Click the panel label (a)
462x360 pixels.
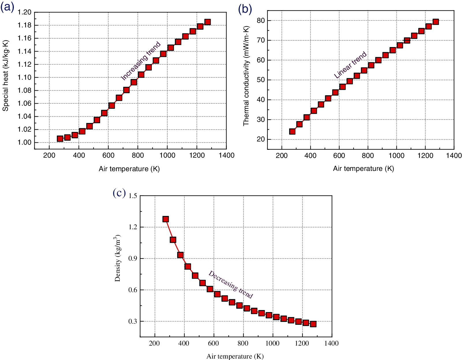7,7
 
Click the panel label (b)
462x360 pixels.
245,9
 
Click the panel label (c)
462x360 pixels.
119,193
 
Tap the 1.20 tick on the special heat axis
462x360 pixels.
24,12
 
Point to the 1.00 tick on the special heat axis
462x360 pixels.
24,142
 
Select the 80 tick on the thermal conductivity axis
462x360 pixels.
261,20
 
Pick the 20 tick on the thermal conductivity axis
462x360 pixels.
261,139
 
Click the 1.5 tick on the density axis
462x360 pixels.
133,196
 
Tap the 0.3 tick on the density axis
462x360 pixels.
133,321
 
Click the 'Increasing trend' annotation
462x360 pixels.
141,61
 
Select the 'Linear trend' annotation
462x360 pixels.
350,65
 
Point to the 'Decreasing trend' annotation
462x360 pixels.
231,284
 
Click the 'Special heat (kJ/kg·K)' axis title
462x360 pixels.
6,76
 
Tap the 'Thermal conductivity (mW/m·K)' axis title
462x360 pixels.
246,76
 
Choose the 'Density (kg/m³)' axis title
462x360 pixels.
117,258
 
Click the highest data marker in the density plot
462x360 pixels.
166,219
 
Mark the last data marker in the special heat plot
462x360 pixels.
207,22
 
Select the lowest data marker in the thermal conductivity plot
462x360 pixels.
292,131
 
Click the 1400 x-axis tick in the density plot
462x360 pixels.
332,343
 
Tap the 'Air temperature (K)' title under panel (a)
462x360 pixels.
129,169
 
